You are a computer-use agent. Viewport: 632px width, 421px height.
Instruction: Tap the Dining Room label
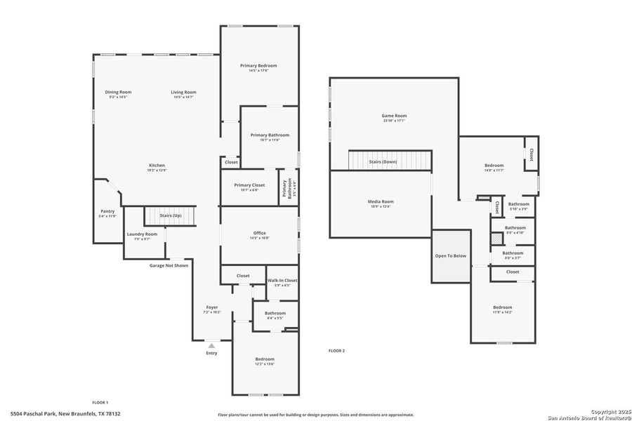pyautogui.click(x=118, y=92)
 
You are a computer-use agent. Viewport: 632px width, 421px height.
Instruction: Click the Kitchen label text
pyautogui.click(x=157, y=166)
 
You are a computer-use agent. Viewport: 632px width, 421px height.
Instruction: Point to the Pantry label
pyautogui.click(x=107, y=211)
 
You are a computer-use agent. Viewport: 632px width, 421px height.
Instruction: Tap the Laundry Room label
pyautogui.click(x=142, y=234)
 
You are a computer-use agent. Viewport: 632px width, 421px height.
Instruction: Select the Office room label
pyautogui.click(x=259, y=233)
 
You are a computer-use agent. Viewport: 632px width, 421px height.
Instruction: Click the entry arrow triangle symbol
pyautogui.click(x=211, y=345)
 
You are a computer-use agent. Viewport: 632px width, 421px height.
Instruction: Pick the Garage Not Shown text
pyautogui.click(x=169, y=265)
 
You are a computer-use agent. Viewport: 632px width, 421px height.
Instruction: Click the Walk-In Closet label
pyautogui.click(x=282, y=280)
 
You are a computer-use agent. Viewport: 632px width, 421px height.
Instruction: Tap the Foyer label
pyautogui.click(x=211, y=307)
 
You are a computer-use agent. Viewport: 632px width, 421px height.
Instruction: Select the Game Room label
pyautogui.click(x=394, y=116)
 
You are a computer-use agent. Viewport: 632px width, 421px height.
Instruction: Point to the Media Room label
pyautogui.click(x=381, y=201)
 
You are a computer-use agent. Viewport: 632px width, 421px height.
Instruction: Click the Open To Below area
pyautogui.click(x=450, y=255)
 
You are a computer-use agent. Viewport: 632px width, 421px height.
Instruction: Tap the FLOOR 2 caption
pyautogui.click(x=337, y=350)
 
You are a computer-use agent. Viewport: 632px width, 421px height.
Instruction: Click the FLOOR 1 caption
pyautogui.click(x=100, y=402)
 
